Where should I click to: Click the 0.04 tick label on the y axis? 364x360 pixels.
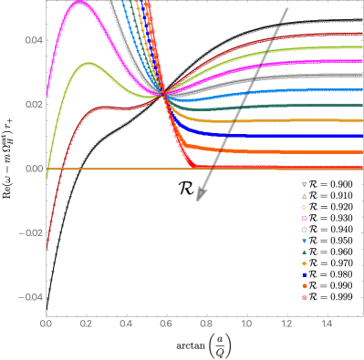(x=33, y=40)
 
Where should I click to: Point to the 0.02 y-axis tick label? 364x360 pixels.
(x=33, y=105)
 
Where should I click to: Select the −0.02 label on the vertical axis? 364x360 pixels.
(x=31, y=233)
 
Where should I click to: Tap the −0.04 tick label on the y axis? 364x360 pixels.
(x=31, y=297)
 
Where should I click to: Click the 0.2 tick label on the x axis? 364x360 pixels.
(x=87, y=324)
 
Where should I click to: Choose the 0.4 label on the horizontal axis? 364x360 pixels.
(x=126, y=324)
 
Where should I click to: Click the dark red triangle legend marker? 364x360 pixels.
(x=304, y=196)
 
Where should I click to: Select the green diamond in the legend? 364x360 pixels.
(x=304, y=207)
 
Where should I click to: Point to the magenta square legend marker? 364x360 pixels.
(x=304, y=219)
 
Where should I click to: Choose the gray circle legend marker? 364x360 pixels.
(x=304, y=230)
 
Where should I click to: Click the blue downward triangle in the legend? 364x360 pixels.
(x=304, y=241)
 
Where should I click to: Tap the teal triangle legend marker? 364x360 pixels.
(x=304, y=252)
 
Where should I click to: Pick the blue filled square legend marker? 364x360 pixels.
(x=304, y=274)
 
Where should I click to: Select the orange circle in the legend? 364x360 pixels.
(x=304, y=286)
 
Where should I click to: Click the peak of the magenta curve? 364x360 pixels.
(x=79, y=2)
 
